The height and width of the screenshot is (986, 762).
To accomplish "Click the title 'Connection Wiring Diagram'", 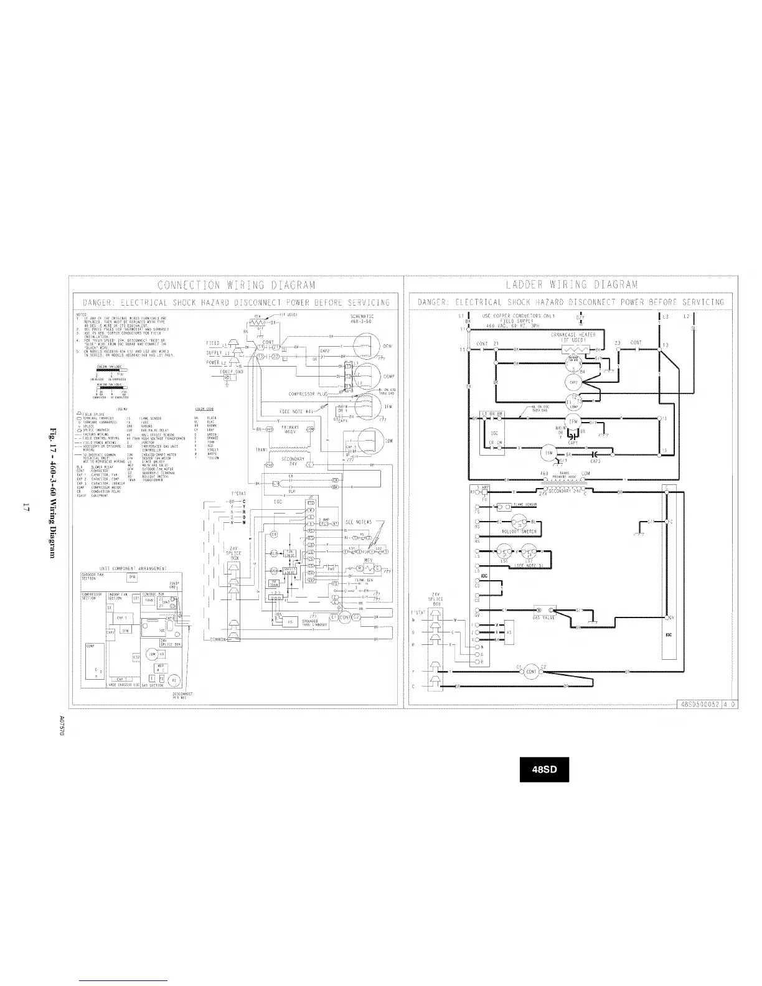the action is coord(237,286).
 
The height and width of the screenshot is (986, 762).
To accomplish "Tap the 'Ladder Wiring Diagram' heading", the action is coord(571,286).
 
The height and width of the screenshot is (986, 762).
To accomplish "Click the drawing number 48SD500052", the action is coord(700,704).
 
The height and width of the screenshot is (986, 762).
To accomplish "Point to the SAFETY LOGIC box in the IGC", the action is coord(289,570).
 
